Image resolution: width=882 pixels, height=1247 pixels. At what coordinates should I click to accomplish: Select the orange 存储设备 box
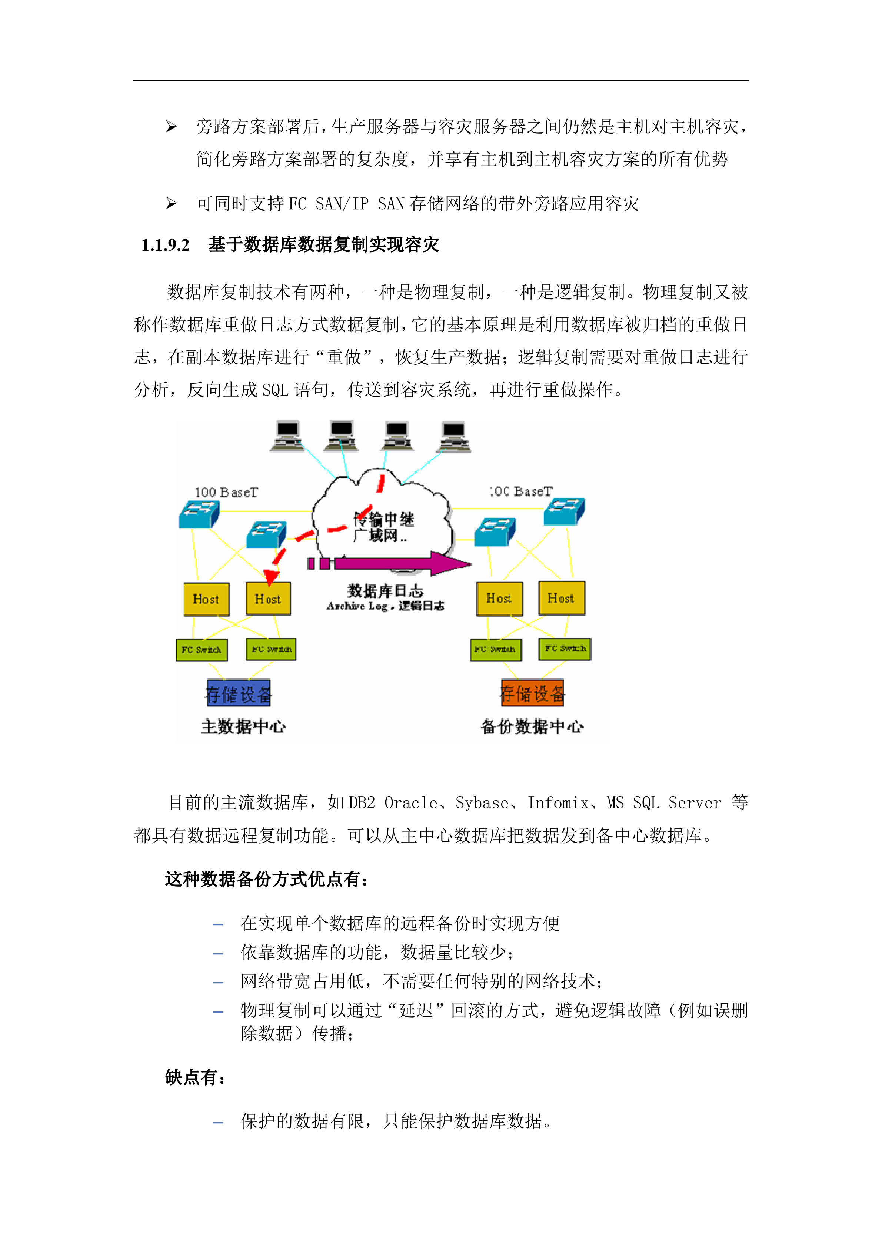pos(532,693)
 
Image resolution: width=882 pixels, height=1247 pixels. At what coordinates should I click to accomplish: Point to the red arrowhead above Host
pos(271,576)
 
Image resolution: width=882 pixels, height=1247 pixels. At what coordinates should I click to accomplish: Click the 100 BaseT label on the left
pos(226,492)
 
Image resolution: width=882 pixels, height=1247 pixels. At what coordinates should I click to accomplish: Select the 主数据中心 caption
pos(243,726)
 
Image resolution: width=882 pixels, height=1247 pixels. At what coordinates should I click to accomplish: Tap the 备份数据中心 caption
pos(532,726)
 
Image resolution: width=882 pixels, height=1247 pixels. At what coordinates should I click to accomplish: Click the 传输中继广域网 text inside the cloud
pos(383,527)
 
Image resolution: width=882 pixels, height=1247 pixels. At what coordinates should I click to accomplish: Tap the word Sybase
pos(482,803)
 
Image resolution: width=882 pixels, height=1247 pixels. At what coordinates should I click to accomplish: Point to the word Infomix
pos(558,803)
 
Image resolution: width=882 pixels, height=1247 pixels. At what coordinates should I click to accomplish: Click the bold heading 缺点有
pos(194,1077)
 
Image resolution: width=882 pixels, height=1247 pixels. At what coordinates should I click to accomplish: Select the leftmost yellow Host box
pos(206,599)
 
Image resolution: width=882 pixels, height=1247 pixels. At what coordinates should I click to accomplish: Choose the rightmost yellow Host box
pos(562,598)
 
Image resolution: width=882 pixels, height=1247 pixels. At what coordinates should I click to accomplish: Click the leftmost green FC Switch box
pos(202,650)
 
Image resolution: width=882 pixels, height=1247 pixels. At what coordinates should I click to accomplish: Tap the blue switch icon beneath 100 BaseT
pos(199,514)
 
